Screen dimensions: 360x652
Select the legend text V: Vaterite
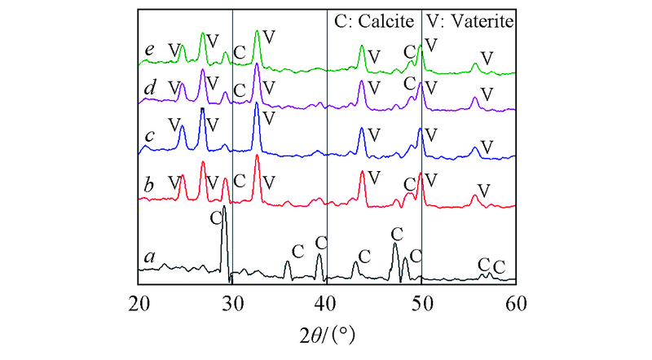point(471,22)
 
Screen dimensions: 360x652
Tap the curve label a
point(149,257)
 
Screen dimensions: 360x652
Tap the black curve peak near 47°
point(395,244)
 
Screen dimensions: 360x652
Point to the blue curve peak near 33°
point(257,104)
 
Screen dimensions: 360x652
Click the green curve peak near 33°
point(258,32)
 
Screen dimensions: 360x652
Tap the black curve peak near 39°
point(319,255)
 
